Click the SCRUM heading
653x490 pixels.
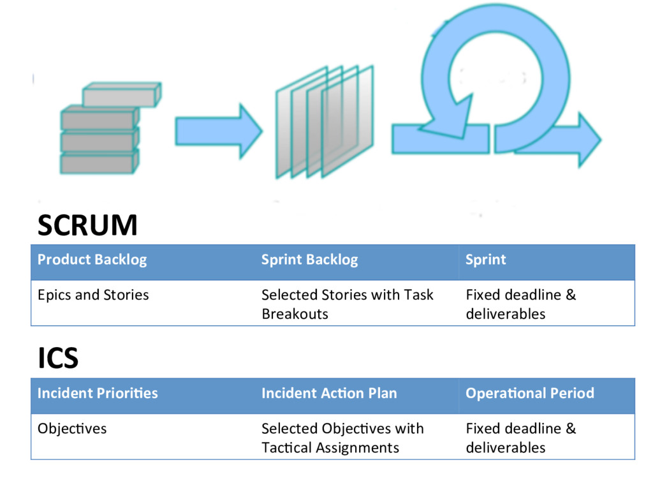tap(87, 225)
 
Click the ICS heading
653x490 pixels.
tap(58, 358)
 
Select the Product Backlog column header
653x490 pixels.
tap(92, 260)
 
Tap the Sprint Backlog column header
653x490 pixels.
tap(309, 260)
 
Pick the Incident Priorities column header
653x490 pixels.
tap(98, 393)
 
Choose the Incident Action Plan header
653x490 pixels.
tap(329, 393)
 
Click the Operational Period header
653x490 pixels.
tap(530, 393)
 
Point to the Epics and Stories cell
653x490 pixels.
tap(93, 295)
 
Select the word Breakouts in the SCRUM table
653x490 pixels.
tap(295, 314)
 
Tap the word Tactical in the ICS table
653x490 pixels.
tap(286, 447)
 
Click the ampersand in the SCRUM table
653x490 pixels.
tap(571, 295)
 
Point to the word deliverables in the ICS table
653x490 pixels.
tap(506, 447)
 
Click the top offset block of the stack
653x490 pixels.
tap(122, 94)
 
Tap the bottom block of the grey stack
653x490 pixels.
tap(99, 162)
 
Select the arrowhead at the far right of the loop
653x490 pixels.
tap(589, 140)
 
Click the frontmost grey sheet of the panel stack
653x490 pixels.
tap(348, 121)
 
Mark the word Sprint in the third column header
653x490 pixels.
tap(485, 260)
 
